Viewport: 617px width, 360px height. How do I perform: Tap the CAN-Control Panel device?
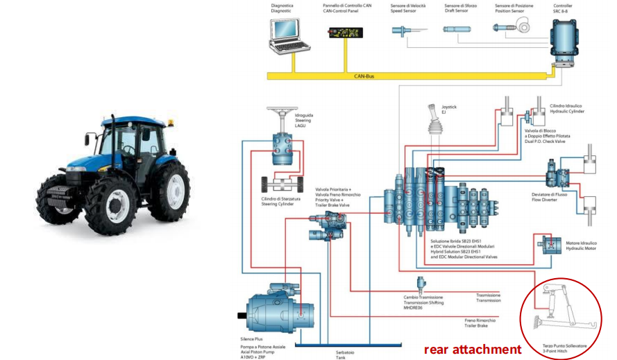click(x=346, y=33)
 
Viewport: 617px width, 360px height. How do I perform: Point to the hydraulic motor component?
click(x=552, y=245)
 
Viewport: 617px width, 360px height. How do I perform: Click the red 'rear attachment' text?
click(x=472, y=350)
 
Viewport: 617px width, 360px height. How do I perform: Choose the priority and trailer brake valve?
click(x=328, y=222)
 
